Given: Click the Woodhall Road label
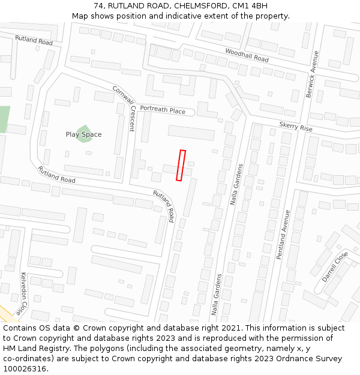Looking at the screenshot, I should (x=247, y=55).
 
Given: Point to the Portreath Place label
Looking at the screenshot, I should (x=163, y=110).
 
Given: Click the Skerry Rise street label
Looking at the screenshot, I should (x=296, y=127).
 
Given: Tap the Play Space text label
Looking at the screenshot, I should (x=83, y=134).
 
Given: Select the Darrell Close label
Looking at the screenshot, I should (x=335, y=266).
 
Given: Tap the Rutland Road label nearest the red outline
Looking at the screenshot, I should (x=164, y=204).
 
